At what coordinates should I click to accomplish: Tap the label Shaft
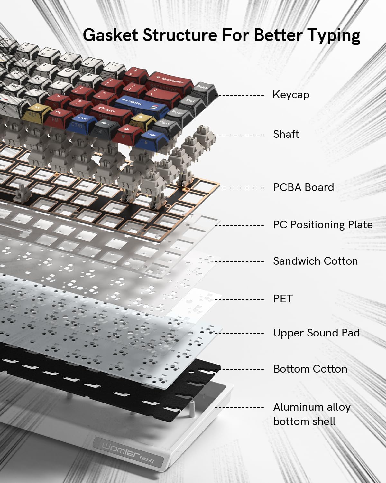tap(286, 134)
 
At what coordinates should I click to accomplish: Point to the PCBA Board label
tap(303, 187)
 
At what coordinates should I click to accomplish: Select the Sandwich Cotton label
tap(315, 261)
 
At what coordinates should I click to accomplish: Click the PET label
tap(283, 298)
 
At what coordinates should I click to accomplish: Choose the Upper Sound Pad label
tap(316, 333)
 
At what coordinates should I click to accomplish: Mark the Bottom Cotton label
tap(310, 369)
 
